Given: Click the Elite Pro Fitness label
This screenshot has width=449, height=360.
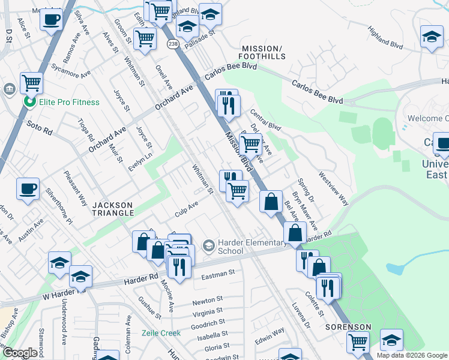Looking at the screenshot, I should tap(69, 102).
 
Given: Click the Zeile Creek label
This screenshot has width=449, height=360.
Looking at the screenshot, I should tap(161, 333).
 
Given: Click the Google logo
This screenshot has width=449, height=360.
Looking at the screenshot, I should tap(20, 353).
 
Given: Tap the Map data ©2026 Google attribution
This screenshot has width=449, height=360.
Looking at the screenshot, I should tap(412, 355).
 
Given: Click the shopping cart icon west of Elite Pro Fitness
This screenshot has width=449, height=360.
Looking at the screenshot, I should tap(31, 82).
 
